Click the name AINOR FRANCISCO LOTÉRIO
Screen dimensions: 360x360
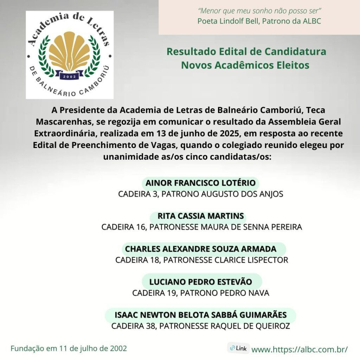pyautogui.click(x=200, y=183)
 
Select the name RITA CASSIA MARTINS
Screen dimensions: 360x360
pyautogui.click(x=201, y=216)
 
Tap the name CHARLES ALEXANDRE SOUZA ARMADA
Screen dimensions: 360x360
pyautogui.click(x=201, y=249)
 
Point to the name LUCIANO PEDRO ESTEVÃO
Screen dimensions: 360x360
pyautogui.click(x=201, y=282)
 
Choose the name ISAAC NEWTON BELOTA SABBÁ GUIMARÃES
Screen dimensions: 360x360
pyautogui.click(x=201, y=315)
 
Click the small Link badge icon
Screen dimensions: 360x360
pyautogui.click(x=238, y=348)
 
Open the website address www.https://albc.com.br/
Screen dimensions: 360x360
pyautogui.click(x=300, y=349)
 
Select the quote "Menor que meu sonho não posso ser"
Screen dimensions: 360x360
pyautogui.click(x=259, y=11)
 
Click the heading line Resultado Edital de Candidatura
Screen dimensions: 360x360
pyautogui.click(x=246, y=52)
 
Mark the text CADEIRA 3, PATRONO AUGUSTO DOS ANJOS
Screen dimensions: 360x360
pyautogui.click(x=201, y=194)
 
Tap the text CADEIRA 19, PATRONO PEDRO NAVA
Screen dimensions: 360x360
pyautogui.click(x=201, y=293)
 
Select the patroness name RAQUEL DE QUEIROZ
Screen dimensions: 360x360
pyautogui.click(x=250, y=326)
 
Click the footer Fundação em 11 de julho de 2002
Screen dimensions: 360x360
pyautogui.click(x=69, y=349)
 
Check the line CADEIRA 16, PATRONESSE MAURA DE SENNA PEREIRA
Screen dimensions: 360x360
pyautogui.click(x=201, y=227)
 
